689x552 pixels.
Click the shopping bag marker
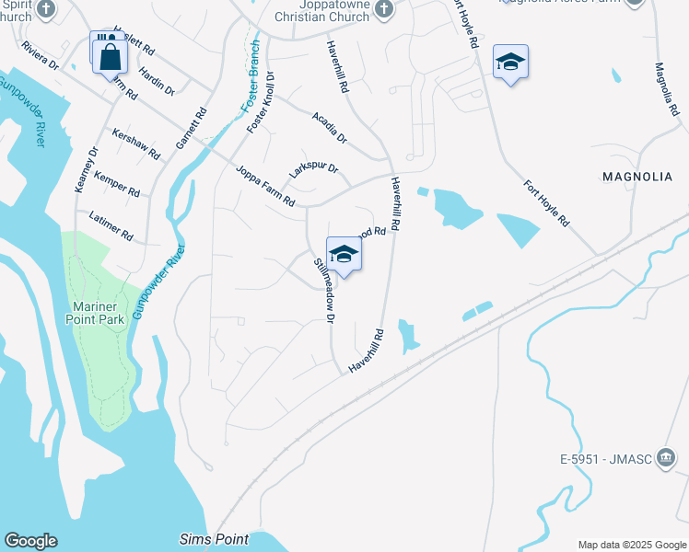point(110,55)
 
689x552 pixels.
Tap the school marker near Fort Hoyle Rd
point(510,63)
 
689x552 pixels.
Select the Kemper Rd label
point(116,186)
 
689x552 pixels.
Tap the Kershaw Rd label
point(135,144)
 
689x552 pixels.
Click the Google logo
point(30,541)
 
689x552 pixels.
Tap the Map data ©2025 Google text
point(631,545)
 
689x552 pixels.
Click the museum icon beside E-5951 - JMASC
point(667,458)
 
